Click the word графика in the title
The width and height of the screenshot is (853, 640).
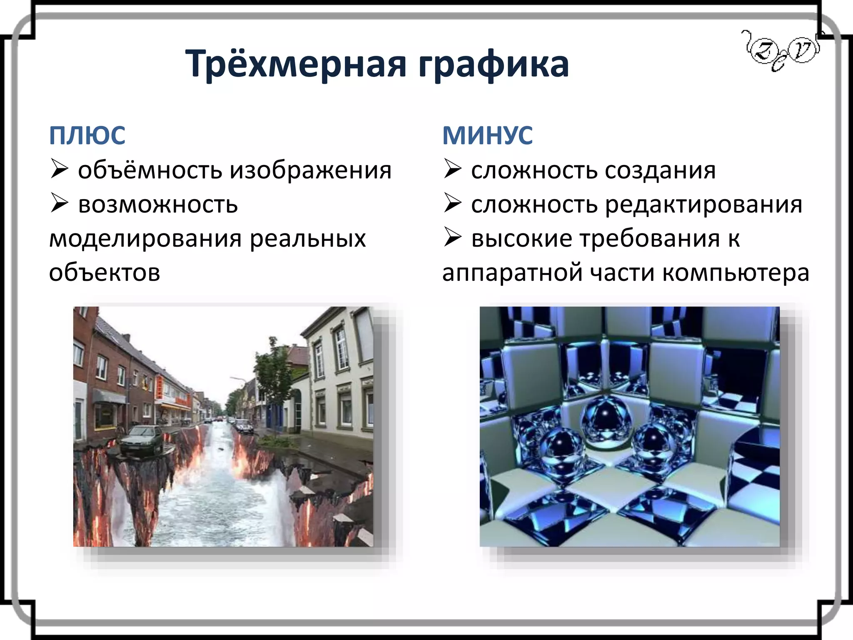pos(494,64)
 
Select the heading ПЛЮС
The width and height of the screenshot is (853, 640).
pos(87,135)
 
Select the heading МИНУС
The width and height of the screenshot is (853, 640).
pos(487,135)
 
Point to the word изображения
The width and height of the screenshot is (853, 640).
pos(311,170)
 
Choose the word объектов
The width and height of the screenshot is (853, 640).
pos(105,273)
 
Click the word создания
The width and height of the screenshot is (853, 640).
pos(660,170)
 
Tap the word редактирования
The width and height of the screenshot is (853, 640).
pos(703,205)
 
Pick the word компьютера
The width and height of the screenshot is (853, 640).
pos(736,273)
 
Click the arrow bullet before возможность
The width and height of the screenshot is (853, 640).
pos(59,203)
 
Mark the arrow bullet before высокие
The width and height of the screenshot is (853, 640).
pos(452,237)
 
